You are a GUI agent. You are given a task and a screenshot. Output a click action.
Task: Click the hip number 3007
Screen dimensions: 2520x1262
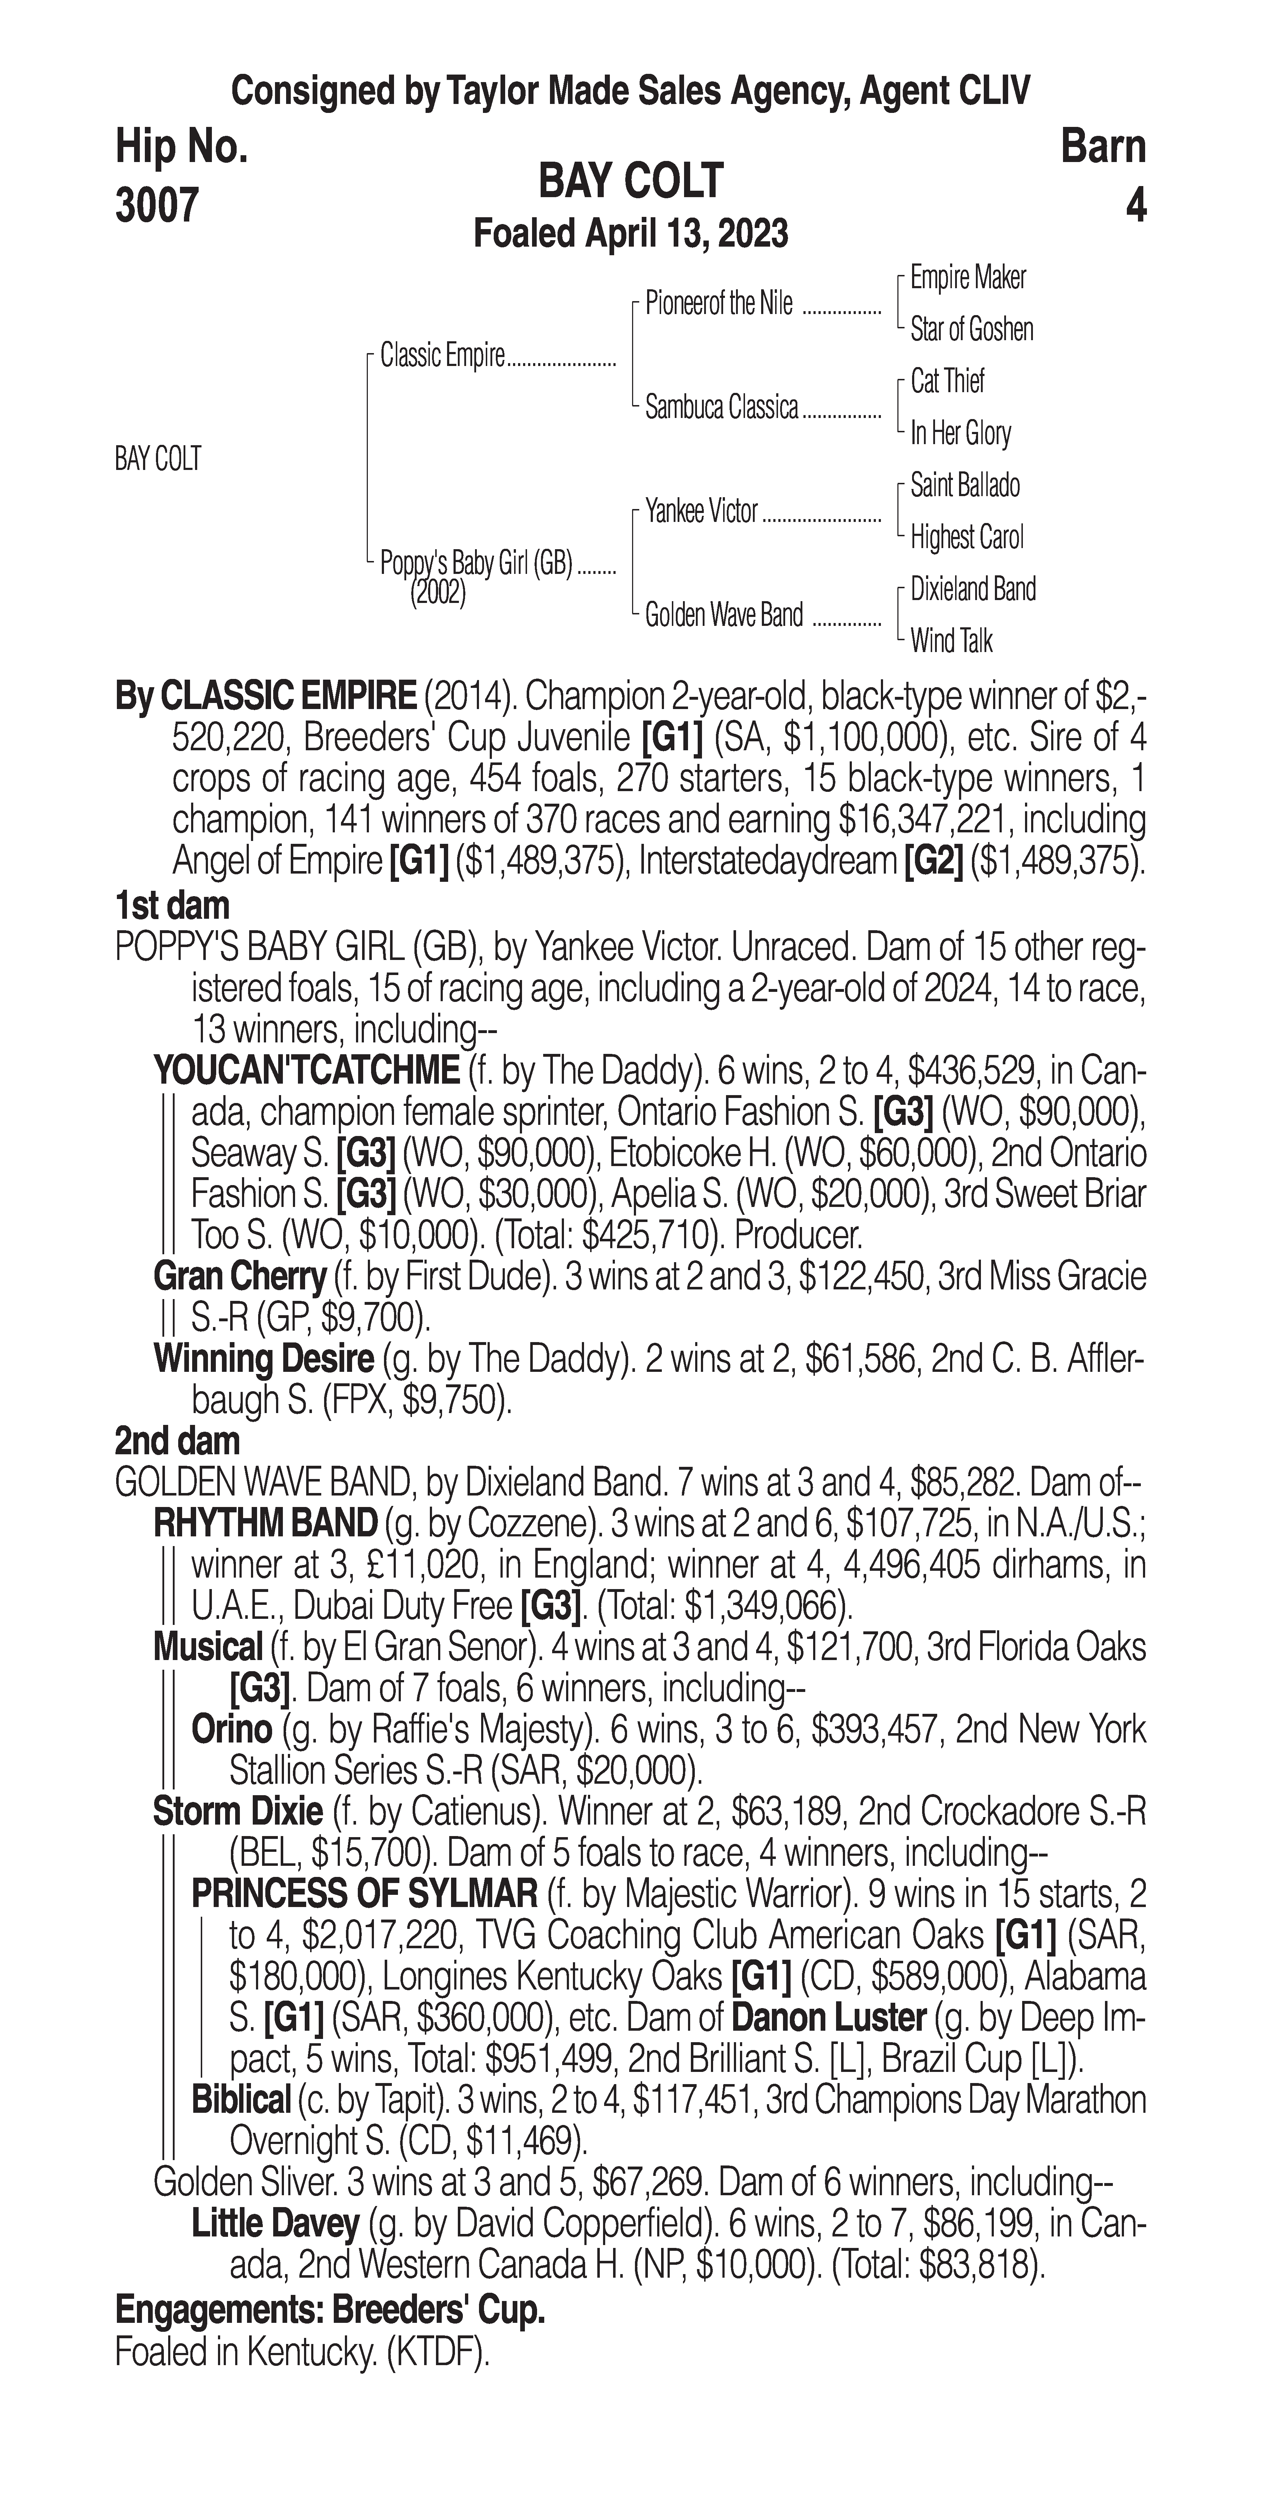pyautogui.click(x=157, y=205)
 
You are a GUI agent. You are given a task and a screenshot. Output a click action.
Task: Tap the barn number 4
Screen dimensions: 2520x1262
pyautogui.click(x=1135, y=205)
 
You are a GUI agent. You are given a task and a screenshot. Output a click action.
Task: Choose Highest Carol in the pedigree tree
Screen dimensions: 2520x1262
pyautogui.click(x=967, y=537)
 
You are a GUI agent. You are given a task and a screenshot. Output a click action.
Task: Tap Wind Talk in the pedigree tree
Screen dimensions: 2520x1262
pyautogui.click(x=951, y=642)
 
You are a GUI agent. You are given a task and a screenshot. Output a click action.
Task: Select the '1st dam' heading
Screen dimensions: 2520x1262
pyautogui.click(x=172, y=905)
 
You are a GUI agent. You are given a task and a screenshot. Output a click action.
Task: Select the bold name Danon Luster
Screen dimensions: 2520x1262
pyautogui.click(x=827, y=2017)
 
